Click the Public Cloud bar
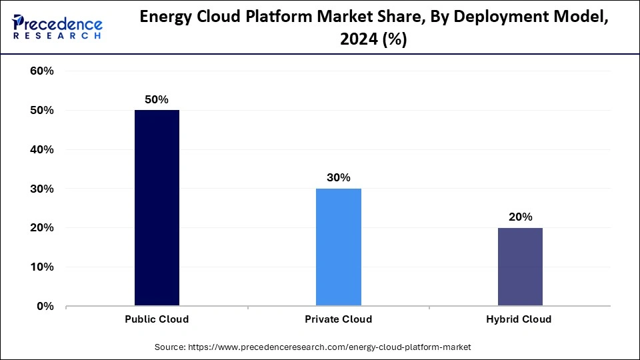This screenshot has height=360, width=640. click(157, 208)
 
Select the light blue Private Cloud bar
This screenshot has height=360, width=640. click(338, 247)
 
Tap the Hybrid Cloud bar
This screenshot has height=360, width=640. click(520, 267)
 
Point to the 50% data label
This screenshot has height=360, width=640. click(157, 99)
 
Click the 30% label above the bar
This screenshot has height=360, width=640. click(338, 177)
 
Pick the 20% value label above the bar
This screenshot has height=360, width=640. click(520, 217)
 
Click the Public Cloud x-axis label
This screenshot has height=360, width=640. click(157, 319)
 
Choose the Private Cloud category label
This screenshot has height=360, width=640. click(338, 319)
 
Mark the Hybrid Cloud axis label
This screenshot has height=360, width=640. click(520, 319)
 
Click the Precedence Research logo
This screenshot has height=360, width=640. click(57, 27)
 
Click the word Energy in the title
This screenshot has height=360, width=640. click(169, 19)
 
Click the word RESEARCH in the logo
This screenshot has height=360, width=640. click(57, 36)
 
